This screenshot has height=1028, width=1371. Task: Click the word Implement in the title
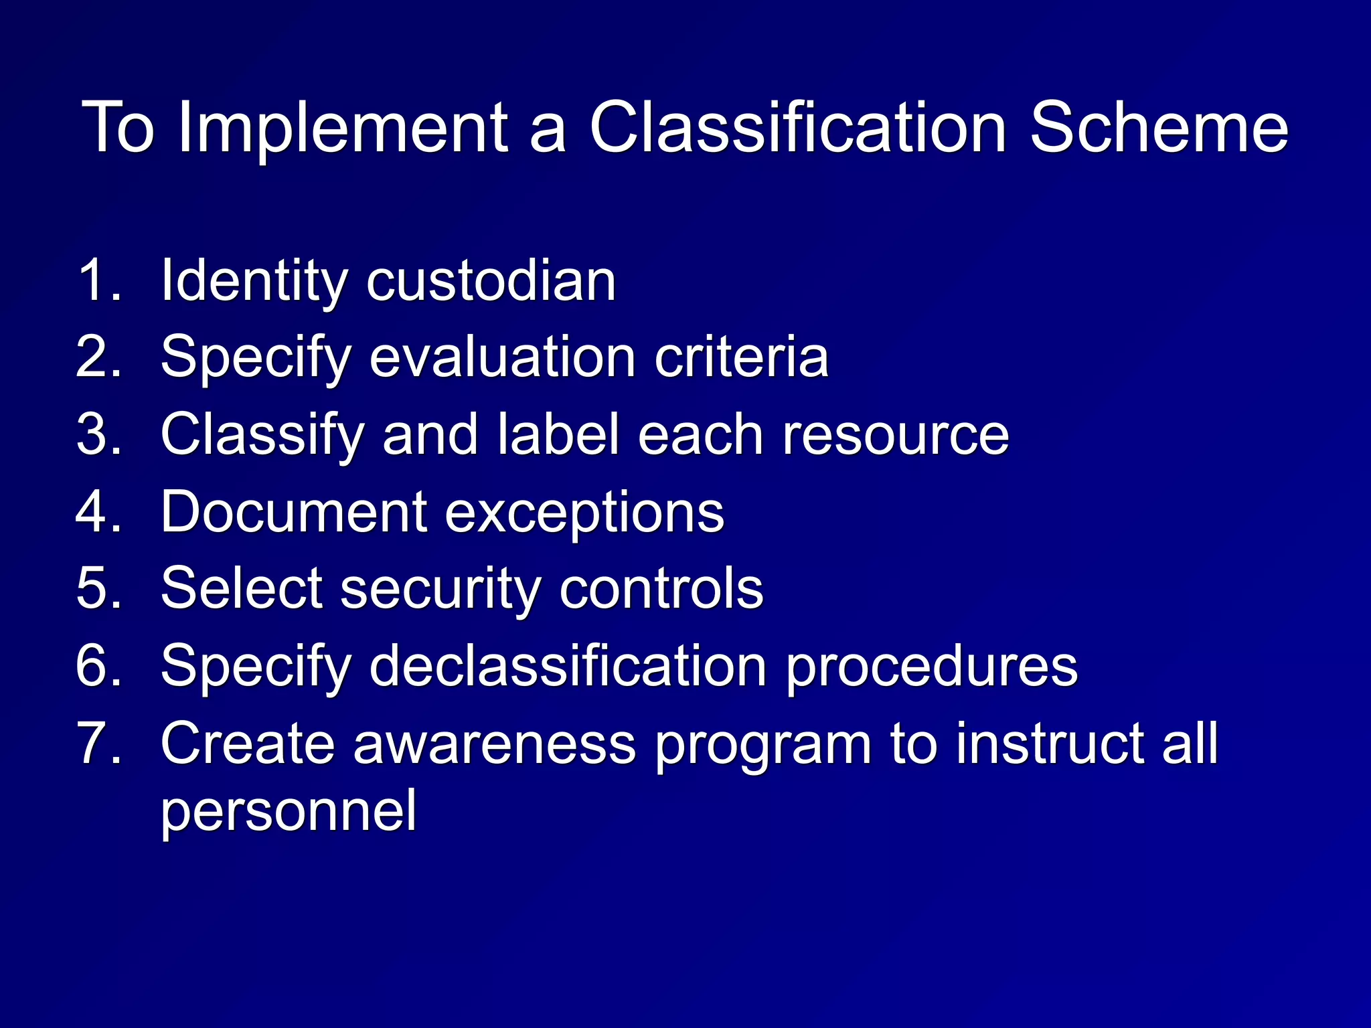coord(341,127)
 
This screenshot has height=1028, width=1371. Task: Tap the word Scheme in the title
coord(1158,127)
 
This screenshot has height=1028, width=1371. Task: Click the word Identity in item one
coord(254,281)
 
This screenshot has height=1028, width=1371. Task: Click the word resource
coord(896,436)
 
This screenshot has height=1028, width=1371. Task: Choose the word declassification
coord(568,666)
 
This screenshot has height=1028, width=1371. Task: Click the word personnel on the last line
coord(289,811)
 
